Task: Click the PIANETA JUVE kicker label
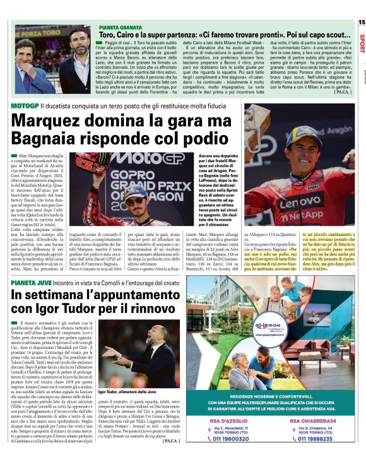[x=29, y=285]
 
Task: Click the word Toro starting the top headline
[x=109, y=37]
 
